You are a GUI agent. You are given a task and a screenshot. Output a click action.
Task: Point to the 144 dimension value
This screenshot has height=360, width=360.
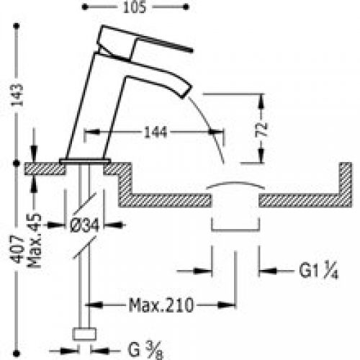150,132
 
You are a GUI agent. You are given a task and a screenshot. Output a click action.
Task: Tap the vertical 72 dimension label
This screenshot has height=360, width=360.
264,130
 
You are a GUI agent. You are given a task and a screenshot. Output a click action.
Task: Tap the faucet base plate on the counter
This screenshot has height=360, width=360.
85,160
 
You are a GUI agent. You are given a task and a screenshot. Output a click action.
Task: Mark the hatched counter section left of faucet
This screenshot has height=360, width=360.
43,168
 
